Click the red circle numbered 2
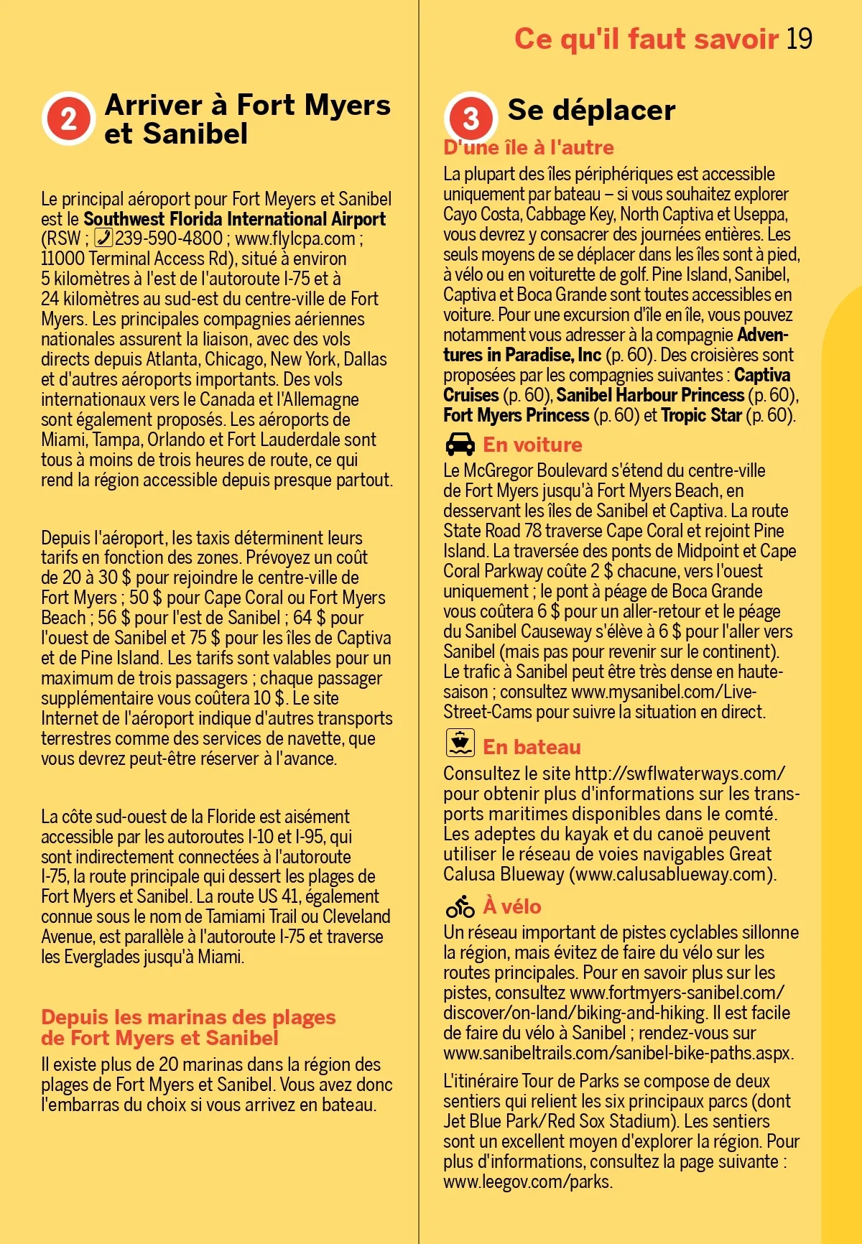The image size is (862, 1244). pyautogui.click(x=68, y=119)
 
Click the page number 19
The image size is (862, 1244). pyautogui.click(x=799, y=39)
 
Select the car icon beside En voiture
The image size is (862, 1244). pyautogui.click(x=460, y=445)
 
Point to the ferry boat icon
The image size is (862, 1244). pyautogui.click(x=460, y=743)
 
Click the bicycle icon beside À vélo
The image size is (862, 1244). pyautogui.click(x=460, y=906)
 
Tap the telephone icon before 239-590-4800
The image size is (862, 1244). pyautogui.click(x=103, y=238)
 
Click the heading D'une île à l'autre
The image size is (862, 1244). pyautogui.click(x=529, y=148)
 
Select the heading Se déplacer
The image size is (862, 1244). pyautogui.click(x=591, y=110)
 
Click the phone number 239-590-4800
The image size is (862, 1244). pyautogui.click(x=169, y=238)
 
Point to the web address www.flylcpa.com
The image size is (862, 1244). pyautogui.click(x=295, y=238)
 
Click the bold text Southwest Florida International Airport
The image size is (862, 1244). pyautogui.click(x=234, y=219)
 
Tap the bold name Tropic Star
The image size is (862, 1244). pyautogui.click(x=701, y=415)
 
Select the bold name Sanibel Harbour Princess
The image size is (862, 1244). pyautogui.click(x=650, y=395)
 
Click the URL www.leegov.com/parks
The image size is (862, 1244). pyautogui.click(x=527, y=1182)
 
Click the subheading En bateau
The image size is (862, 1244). pyautogui.click(x=532, y=747)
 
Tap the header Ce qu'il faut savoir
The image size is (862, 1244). pyautogui.click(x=646, y=39)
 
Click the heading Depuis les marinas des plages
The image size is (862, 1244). pyautogui.click(x=188, y=1018)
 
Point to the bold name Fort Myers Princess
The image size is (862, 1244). pyautogui.click(x=516, y=415)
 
